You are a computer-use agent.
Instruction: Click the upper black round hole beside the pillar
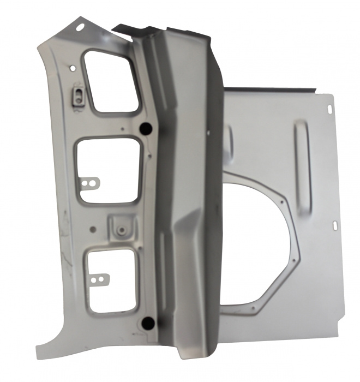[146, 129]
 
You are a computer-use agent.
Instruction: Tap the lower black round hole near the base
[146, 323]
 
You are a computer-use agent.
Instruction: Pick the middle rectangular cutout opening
[111, 171]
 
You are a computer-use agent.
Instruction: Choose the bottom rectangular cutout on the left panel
[111, 280]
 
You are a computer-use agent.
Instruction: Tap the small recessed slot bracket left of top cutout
[79, 95]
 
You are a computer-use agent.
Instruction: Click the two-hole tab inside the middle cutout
[91, 181]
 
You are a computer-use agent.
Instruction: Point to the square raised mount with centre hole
[119, 228]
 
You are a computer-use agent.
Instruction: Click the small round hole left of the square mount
[93, 230]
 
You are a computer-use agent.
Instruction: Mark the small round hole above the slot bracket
[73, 68]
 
